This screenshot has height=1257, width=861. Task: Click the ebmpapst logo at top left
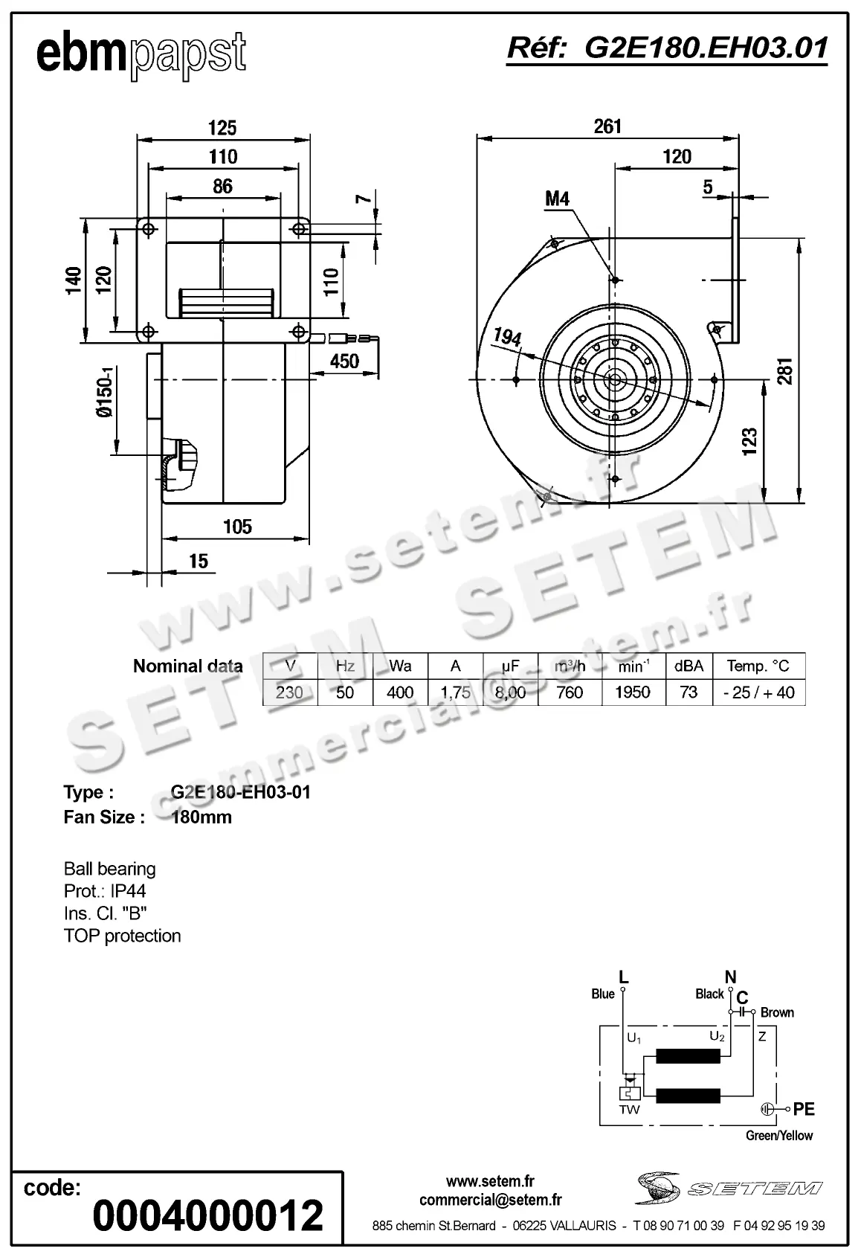pos(141,54)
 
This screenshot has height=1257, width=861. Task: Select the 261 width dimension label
pos(607,126)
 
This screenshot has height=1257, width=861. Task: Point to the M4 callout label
pos(557,199)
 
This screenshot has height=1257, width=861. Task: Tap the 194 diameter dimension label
pos(507,338)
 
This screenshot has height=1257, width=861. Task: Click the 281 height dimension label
pos(785,371)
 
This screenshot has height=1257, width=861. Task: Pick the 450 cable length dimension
pos(344,361)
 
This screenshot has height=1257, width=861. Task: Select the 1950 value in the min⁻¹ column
pos(632,692)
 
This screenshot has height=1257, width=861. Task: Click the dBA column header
pos(689,666)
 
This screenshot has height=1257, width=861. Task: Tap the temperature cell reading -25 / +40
pos(758,692)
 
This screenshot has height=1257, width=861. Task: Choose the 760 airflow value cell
pos(569,692)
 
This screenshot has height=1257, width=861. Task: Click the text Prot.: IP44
pos(105,891)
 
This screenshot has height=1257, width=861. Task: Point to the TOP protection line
pos(123,936)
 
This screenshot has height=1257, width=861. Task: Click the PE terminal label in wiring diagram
pos(804,1109)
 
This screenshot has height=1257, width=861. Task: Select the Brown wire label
pos(777,1012)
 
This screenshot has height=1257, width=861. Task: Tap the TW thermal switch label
pos(629,1110)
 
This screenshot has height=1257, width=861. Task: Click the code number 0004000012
pos(208,1215)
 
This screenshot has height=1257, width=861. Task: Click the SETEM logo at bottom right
pos(729,1189)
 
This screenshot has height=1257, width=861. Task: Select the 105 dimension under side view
pos(237,527)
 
